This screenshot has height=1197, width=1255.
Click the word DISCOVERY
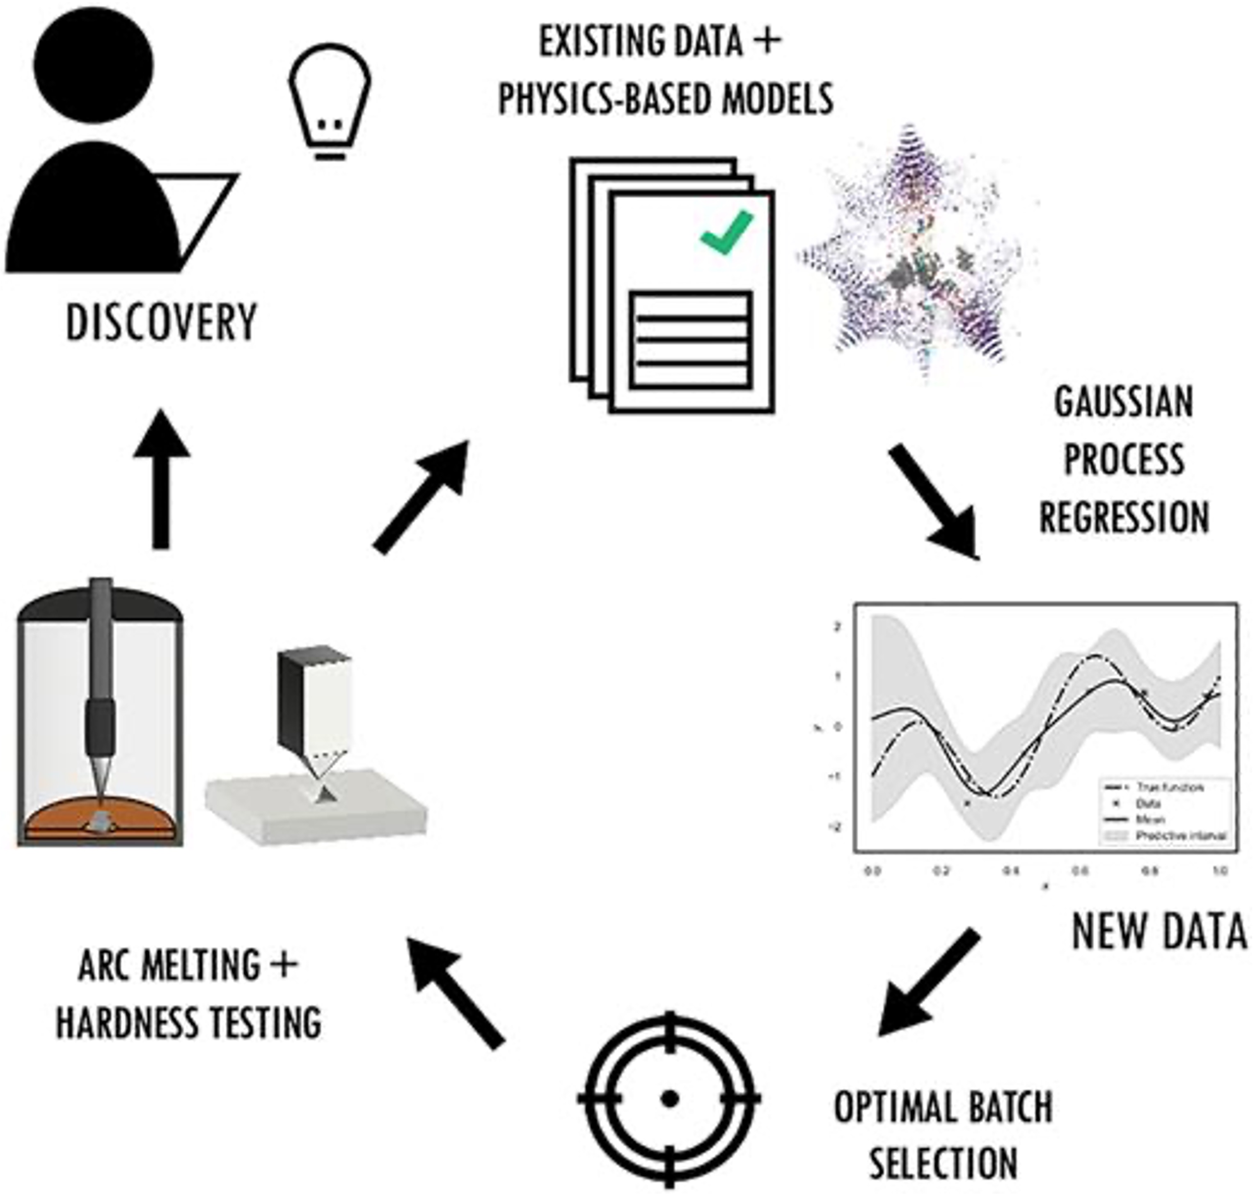click(161, 323)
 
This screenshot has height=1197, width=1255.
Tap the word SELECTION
click(943, 1163)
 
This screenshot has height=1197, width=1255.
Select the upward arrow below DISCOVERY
click(161, 479)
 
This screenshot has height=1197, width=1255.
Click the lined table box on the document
click(690, 340)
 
